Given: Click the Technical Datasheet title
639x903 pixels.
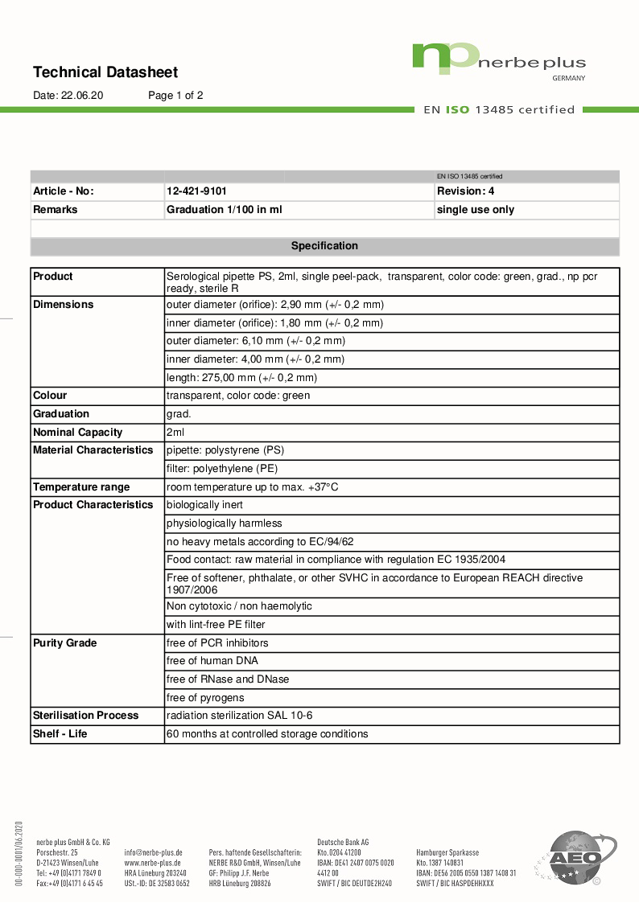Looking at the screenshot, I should tap(105, 72).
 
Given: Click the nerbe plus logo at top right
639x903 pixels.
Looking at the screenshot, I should tap(499, 60).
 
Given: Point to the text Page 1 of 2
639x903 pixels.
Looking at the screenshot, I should tap(175, 95).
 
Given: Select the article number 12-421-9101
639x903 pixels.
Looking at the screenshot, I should tap(196, 191).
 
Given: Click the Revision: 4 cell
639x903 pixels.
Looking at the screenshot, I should tap(466, 191).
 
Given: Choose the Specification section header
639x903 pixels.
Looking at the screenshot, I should tap(324, 246).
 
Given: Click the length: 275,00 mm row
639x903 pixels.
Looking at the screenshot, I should tap(241, 378).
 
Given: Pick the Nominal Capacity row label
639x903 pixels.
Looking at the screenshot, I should tap(77, 433).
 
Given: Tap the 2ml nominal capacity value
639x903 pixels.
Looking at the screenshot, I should tap(175, 433).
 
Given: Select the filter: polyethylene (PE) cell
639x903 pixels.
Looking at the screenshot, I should tap(221, 469).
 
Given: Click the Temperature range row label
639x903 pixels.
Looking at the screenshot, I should tap(80, 487).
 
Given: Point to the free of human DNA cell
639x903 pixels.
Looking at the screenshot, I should tap(212, 661).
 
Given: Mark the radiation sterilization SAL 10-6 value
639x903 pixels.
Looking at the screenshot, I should tap(239, 716).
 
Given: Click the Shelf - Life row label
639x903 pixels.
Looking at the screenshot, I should tap(60, 734).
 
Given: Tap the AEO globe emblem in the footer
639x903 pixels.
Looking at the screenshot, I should tap(575, 858).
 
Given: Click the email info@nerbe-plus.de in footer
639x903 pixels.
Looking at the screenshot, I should tap(153, 852).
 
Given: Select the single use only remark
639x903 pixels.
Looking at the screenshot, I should tap(476, 210).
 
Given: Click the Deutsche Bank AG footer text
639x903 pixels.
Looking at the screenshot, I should tap(343, 842).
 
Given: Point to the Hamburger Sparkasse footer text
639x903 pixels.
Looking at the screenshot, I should tap(447, 852).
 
